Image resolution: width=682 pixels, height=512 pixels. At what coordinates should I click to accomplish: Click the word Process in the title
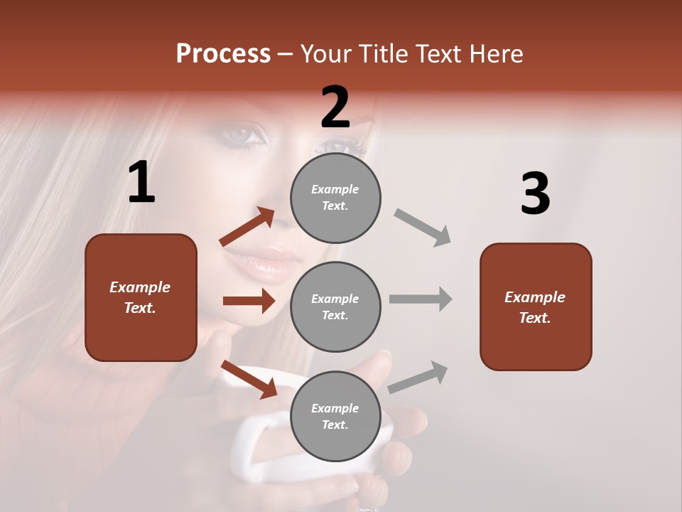[223, 53]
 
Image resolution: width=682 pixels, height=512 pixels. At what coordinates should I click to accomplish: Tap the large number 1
[141, 183]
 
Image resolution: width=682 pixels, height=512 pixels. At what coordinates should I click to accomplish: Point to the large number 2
[335, 107]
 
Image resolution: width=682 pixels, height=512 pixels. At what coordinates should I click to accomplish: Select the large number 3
[535, 194]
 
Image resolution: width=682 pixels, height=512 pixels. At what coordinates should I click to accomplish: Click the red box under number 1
[141, 297]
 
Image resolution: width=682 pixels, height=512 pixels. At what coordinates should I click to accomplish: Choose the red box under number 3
[536, 307]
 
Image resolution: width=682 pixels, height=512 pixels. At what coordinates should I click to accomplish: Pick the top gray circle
[335, 198]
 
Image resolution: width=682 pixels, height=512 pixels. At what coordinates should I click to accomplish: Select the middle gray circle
[335, 306]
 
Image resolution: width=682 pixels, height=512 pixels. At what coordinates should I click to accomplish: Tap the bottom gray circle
[335, 416]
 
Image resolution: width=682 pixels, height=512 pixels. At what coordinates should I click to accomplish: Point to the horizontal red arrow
[249, 301]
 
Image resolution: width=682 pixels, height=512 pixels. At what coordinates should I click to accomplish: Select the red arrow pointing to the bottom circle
[249, 379]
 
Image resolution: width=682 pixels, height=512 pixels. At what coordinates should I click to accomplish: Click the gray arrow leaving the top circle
[423, 227]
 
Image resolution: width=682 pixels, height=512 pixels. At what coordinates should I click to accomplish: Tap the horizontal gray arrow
[421, 299]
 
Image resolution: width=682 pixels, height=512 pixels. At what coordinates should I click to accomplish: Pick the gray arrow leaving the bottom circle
[418, 377]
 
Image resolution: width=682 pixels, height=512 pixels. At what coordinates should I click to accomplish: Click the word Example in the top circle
[335, 189]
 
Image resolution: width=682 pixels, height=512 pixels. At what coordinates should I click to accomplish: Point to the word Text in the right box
[535, 318]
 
